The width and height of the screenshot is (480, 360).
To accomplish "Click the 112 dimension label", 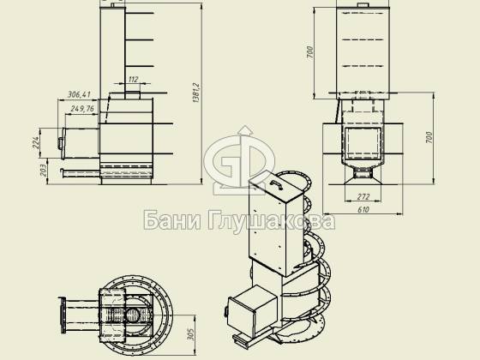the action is (133, 80).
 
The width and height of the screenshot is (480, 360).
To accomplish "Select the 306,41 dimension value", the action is (79, 94).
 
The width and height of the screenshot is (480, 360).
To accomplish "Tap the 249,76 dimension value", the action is (82, 109).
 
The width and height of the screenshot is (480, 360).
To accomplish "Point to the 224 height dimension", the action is (36, 143).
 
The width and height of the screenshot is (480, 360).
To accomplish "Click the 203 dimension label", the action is (44, 171).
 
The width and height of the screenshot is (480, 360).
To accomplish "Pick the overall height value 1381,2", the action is (196, 93).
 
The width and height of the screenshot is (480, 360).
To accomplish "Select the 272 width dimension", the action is (363, 196).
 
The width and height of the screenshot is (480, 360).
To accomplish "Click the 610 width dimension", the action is (363, 210).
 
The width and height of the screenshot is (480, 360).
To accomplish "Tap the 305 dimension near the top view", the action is (190, 334).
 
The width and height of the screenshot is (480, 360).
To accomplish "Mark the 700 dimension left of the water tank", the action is (309, 52).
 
